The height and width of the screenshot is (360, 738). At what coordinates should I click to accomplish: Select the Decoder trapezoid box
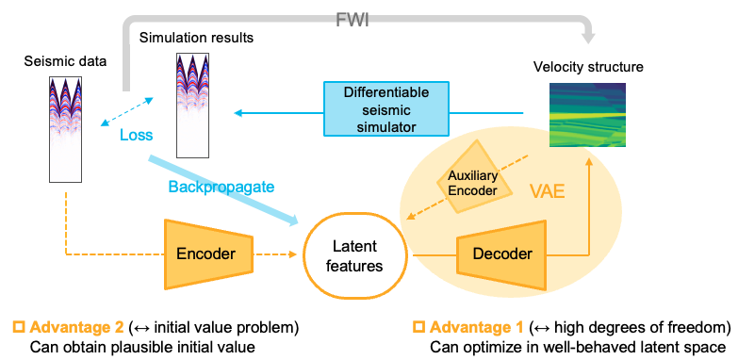[501, 254]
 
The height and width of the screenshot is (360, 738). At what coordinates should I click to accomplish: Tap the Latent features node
[354, 255]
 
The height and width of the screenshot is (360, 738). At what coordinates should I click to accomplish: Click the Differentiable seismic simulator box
[386, 109]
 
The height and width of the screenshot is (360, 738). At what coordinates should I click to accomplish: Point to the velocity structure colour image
[588, 115]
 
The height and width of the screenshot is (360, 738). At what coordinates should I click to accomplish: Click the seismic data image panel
[65, 129]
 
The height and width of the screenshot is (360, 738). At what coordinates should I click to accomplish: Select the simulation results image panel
[192, 105]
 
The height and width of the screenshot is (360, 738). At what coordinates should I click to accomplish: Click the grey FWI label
[353, 21]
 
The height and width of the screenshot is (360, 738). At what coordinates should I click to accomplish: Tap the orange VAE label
[547, 192]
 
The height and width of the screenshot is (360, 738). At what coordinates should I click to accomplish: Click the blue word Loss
[136, 135]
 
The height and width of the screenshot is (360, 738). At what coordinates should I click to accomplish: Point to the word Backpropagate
[221, 187]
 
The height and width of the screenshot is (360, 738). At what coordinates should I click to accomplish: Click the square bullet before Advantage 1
[418, 327]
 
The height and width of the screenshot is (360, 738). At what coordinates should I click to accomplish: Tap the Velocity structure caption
[588, 67]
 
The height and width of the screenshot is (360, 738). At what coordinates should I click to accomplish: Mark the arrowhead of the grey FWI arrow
[587, 38]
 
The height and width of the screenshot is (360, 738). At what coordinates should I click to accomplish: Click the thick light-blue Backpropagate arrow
[224, 190]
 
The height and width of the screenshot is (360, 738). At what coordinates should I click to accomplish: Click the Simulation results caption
[196, 38]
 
